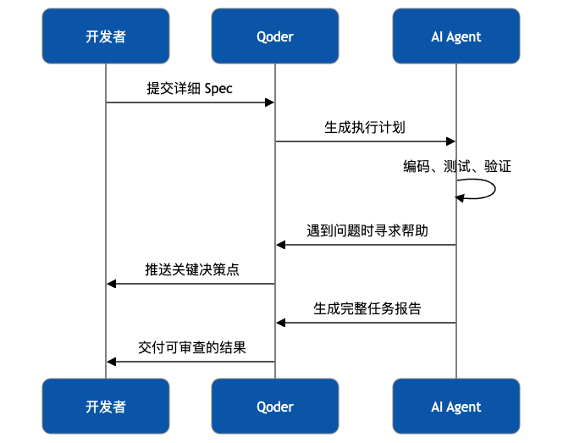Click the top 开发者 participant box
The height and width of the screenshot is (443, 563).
[106, 36]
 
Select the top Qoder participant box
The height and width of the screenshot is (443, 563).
[274, 36]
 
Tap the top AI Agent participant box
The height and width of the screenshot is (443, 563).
[455, 36]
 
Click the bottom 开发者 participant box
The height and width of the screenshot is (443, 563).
[106, 407]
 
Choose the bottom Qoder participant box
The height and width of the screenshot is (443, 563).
[274, 407]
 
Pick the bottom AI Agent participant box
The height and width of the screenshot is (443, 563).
[455, 407]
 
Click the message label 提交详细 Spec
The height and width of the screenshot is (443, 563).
[190, 89]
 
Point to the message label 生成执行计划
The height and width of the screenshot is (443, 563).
[365, 128]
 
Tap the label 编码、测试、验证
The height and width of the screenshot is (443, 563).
[456, 167]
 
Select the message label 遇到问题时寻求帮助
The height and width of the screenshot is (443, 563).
[367, 230]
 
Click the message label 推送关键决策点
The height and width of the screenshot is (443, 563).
[191, 269]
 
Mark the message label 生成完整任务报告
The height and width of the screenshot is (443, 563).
[367, 308]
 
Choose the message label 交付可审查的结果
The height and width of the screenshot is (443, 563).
[191, 347]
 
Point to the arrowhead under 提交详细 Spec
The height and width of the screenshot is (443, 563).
[270, 102]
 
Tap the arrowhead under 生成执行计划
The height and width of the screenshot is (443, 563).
[451, 141]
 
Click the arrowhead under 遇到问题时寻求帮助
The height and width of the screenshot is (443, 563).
[281, 245]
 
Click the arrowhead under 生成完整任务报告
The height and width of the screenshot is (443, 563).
[281, 323]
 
